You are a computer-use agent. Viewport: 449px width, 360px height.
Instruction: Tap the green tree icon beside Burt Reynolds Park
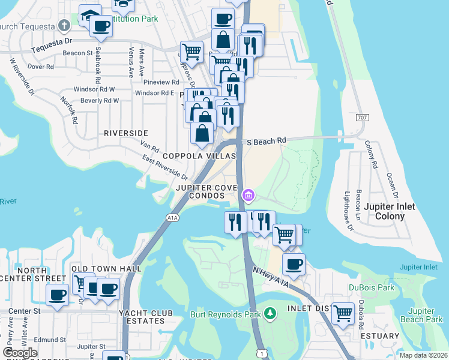[x=271, y=313]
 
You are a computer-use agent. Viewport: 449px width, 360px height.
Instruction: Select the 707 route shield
[x=362, y=117]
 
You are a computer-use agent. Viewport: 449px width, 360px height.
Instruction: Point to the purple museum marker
[x=248, y=195]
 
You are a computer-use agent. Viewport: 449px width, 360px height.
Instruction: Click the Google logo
[x=20, y=353]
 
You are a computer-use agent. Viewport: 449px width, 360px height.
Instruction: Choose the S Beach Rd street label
[x=267, y=141]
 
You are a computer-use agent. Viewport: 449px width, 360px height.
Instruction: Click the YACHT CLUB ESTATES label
[x=146, y=317]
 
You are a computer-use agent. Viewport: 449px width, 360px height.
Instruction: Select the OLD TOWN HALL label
[x=106, y=268]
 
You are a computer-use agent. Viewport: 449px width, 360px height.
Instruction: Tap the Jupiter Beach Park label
[x=425, y=315]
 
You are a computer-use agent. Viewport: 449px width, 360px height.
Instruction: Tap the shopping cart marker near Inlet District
[x=343, y=312]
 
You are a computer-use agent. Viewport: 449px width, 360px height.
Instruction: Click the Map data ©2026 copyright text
[x=423, y=355]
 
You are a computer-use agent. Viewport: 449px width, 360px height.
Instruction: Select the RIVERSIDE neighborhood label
[x=125, y=133]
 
